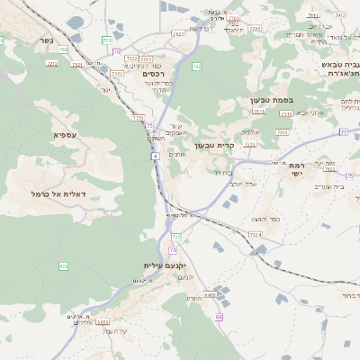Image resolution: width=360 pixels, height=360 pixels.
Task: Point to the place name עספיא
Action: click(x=64, y=136)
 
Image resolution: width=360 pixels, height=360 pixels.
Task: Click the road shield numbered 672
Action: click(x=63, y=265)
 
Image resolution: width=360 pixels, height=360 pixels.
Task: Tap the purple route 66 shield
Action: click(x=219, y=317)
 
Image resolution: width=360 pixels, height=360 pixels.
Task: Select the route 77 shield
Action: click(x=343, y=131)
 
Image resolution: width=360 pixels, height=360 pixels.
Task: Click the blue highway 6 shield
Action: click(x=154, y=156)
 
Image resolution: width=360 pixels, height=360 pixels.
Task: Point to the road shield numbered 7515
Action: click(x=258, y=111)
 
